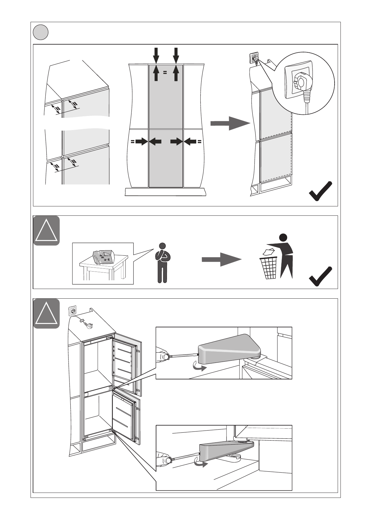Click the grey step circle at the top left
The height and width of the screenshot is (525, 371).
tap(41, 32)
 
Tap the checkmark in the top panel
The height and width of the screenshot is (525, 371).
tap(320, 191)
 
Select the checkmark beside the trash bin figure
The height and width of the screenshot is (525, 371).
tap(320, 276)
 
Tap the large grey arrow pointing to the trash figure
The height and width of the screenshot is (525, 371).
tap(221, 259)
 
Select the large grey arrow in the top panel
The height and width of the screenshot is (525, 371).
tap(230, 123)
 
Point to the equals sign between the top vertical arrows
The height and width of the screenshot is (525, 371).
tap(165, 72)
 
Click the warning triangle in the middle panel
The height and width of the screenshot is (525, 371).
tap(46, 230)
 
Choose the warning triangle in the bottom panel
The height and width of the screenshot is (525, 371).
tap(46, 313)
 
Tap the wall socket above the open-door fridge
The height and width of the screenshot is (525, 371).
tap(73, 311)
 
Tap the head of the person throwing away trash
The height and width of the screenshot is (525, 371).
tap(283, 237)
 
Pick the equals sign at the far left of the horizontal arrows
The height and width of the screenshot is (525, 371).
tap(132, 142)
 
